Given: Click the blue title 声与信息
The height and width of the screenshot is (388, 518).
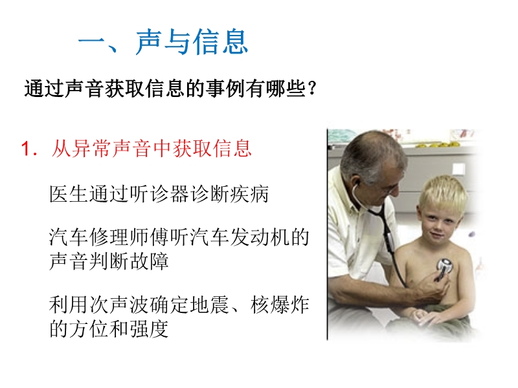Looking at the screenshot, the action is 192,42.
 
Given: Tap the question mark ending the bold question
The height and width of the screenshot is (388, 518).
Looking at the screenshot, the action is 311,89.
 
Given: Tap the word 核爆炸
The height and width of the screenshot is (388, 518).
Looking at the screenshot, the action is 280,305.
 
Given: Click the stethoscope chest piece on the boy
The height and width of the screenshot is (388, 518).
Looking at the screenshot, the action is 445,266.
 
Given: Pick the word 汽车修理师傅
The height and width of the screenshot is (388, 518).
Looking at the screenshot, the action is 109,237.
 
